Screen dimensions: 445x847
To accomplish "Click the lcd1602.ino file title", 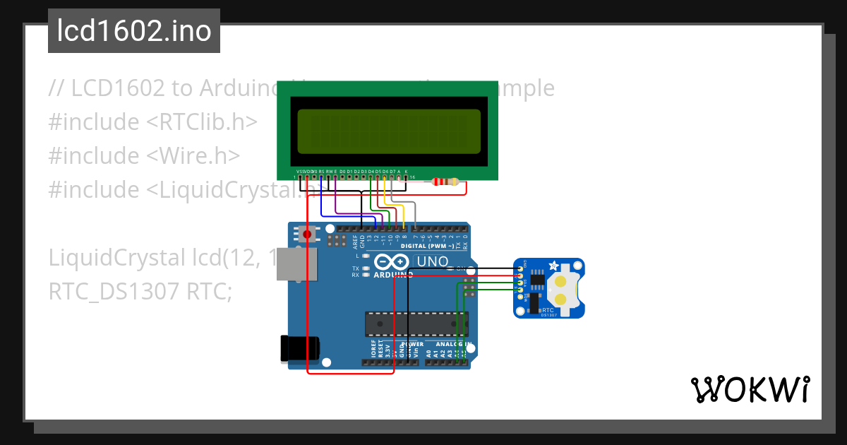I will (134, 31).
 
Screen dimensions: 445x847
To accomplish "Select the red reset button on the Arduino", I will (307, 234).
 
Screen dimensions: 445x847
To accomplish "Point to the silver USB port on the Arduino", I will (295, 264).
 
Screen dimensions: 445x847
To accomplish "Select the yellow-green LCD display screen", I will (388, 131).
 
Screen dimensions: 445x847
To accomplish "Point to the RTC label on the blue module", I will (547, 309).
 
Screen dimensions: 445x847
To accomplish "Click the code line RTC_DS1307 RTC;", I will (140, 291).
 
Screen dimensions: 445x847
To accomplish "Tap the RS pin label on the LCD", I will (321, 171).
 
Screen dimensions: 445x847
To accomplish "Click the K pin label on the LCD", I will (406, 171).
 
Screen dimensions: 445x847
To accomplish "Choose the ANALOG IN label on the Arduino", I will (449, 344).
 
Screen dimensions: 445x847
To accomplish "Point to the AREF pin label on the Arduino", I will (355, 240).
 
